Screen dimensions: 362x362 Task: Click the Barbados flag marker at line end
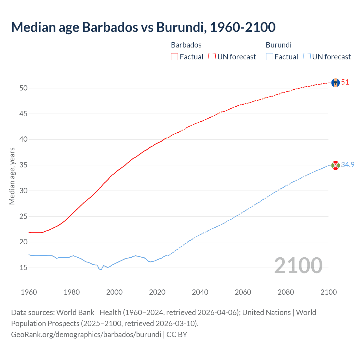pyautogui.click(x=335, y=83)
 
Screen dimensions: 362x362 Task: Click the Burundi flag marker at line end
pyautogui.click(x=335, y=165)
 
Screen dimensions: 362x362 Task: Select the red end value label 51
pyautogui.click(x=345, y=82)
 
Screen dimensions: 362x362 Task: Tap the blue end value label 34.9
pyautogui.click(x=348, y=165)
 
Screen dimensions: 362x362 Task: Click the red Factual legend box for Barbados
pyautogui.click(x=174, y=57)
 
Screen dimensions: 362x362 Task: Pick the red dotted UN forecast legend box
pyautogui.click(x=212, y=57)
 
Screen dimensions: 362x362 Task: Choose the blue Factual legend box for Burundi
pyautogui.click(x=269, y=57)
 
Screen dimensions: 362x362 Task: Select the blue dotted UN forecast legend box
pyautogui.click(x=307, y=57)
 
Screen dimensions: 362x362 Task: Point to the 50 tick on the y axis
pyautogui.click(x=23, y=88)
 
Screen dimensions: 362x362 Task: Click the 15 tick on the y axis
pyautogui.click(x=23, y=268)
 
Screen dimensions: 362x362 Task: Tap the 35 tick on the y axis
pyautogui.click(x=23, y=165)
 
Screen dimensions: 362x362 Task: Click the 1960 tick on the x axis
pyautogui.click(x=29, y=292)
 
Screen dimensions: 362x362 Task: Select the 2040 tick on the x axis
pyautogui.click(x=200, y=292)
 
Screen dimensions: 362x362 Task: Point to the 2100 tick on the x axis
pyautogui.click(x=329, y=292)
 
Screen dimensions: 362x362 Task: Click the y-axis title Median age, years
pyautogui.click(x=12, y=176)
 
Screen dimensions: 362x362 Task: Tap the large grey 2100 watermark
pyautogui.click(x=298, y=266)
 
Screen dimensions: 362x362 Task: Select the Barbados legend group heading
pyautogui.click(x=186, y=45)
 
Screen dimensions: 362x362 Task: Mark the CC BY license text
pyautogui.click(x=177, y=335)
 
